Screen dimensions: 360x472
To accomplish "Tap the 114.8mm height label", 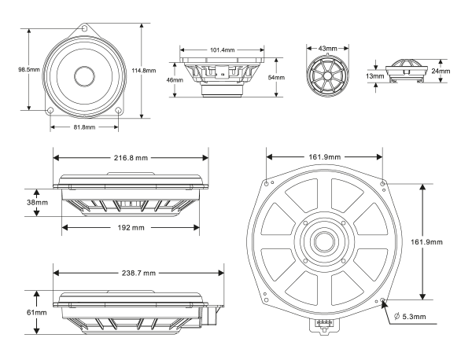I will point(157,69).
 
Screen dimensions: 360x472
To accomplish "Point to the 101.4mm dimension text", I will point(223,50).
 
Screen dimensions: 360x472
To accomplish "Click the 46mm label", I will point(174,79).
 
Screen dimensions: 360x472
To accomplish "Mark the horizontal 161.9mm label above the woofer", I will point(325,157).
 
